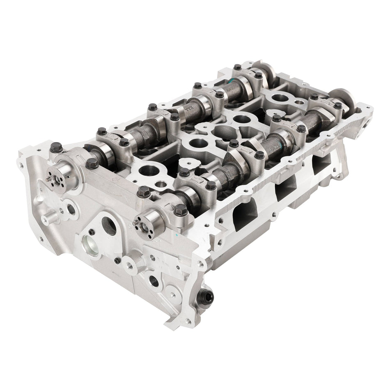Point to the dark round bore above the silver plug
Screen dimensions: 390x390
(x=109, y=225)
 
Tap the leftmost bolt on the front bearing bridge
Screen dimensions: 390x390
(x=56, y=147)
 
